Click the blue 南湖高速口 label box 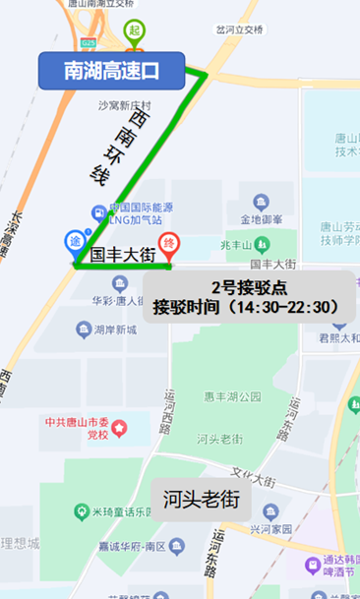pyautogui.click(x=111, y=70)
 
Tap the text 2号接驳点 pyautogui.click(x=250, y=287)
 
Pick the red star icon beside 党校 pyautogui.click(x=120, y=428)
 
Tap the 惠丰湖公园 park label pyautogui.click(x=232, y=397)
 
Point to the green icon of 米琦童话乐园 pyautogui.click(x=79, y=510)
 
